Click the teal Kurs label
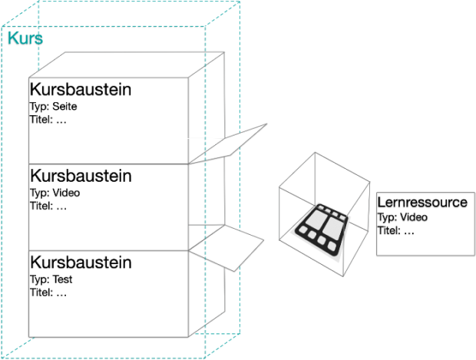[25, 38]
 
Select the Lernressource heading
[422, 203]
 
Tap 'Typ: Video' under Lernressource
[402, 217]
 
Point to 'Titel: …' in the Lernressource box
[397, 230]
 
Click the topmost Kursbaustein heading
[81, 90]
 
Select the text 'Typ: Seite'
[54, 106]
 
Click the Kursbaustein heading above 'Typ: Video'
[81, 176]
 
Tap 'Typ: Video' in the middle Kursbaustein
[55, 193]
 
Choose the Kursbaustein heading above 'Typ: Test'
[81, 263]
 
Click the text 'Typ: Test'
[52, 279]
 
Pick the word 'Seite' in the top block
[64, 106]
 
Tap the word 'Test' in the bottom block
[63, 279]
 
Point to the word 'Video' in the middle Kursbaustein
[66, 193]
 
